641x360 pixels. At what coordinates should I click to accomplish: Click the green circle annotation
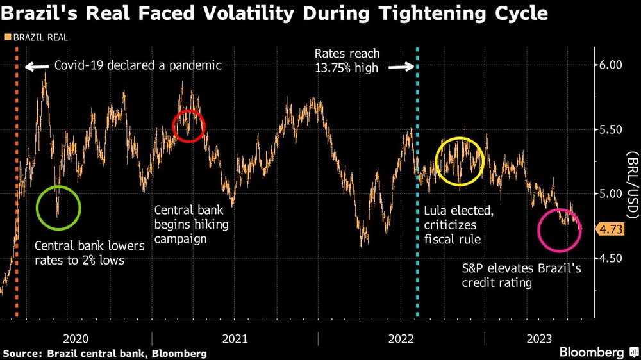58,208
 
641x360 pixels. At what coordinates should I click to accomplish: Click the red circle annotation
189,126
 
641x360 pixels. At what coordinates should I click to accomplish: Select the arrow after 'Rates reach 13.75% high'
401,67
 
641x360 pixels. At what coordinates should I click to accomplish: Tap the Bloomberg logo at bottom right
594,352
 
